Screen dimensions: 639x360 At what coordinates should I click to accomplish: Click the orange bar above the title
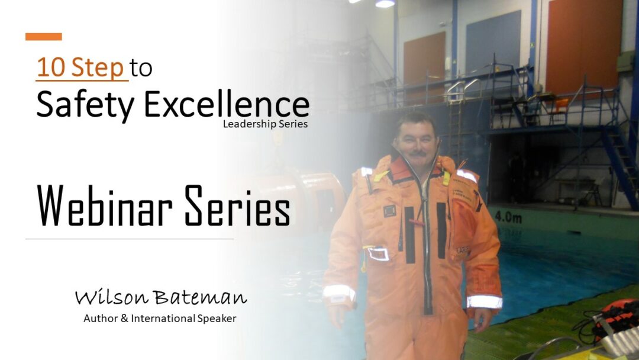coord(44,37)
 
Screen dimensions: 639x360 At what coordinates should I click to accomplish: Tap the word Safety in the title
coord(85,105)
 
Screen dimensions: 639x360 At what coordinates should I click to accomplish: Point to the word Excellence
coord(227,104)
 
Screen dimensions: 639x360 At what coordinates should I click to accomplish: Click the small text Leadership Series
coord(265,124)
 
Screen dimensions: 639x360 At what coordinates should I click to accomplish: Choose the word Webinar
coord(105,206)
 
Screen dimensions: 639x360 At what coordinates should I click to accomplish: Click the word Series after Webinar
coord(237,206)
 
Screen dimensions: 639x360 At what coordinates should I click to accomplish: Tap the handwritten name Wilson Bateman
coord(161,297)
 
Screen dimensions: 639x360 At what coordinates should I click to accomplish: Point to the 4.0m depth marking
coord(508,217)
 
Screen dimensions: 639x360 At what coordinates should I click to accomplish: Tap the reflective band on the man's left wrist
coord(484,302)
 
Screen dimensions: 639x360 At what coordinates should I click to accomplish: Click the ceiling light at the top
coord(385,4)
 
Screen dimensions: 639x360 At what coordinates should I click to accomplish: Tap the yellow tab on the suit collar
coord(381,176)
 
